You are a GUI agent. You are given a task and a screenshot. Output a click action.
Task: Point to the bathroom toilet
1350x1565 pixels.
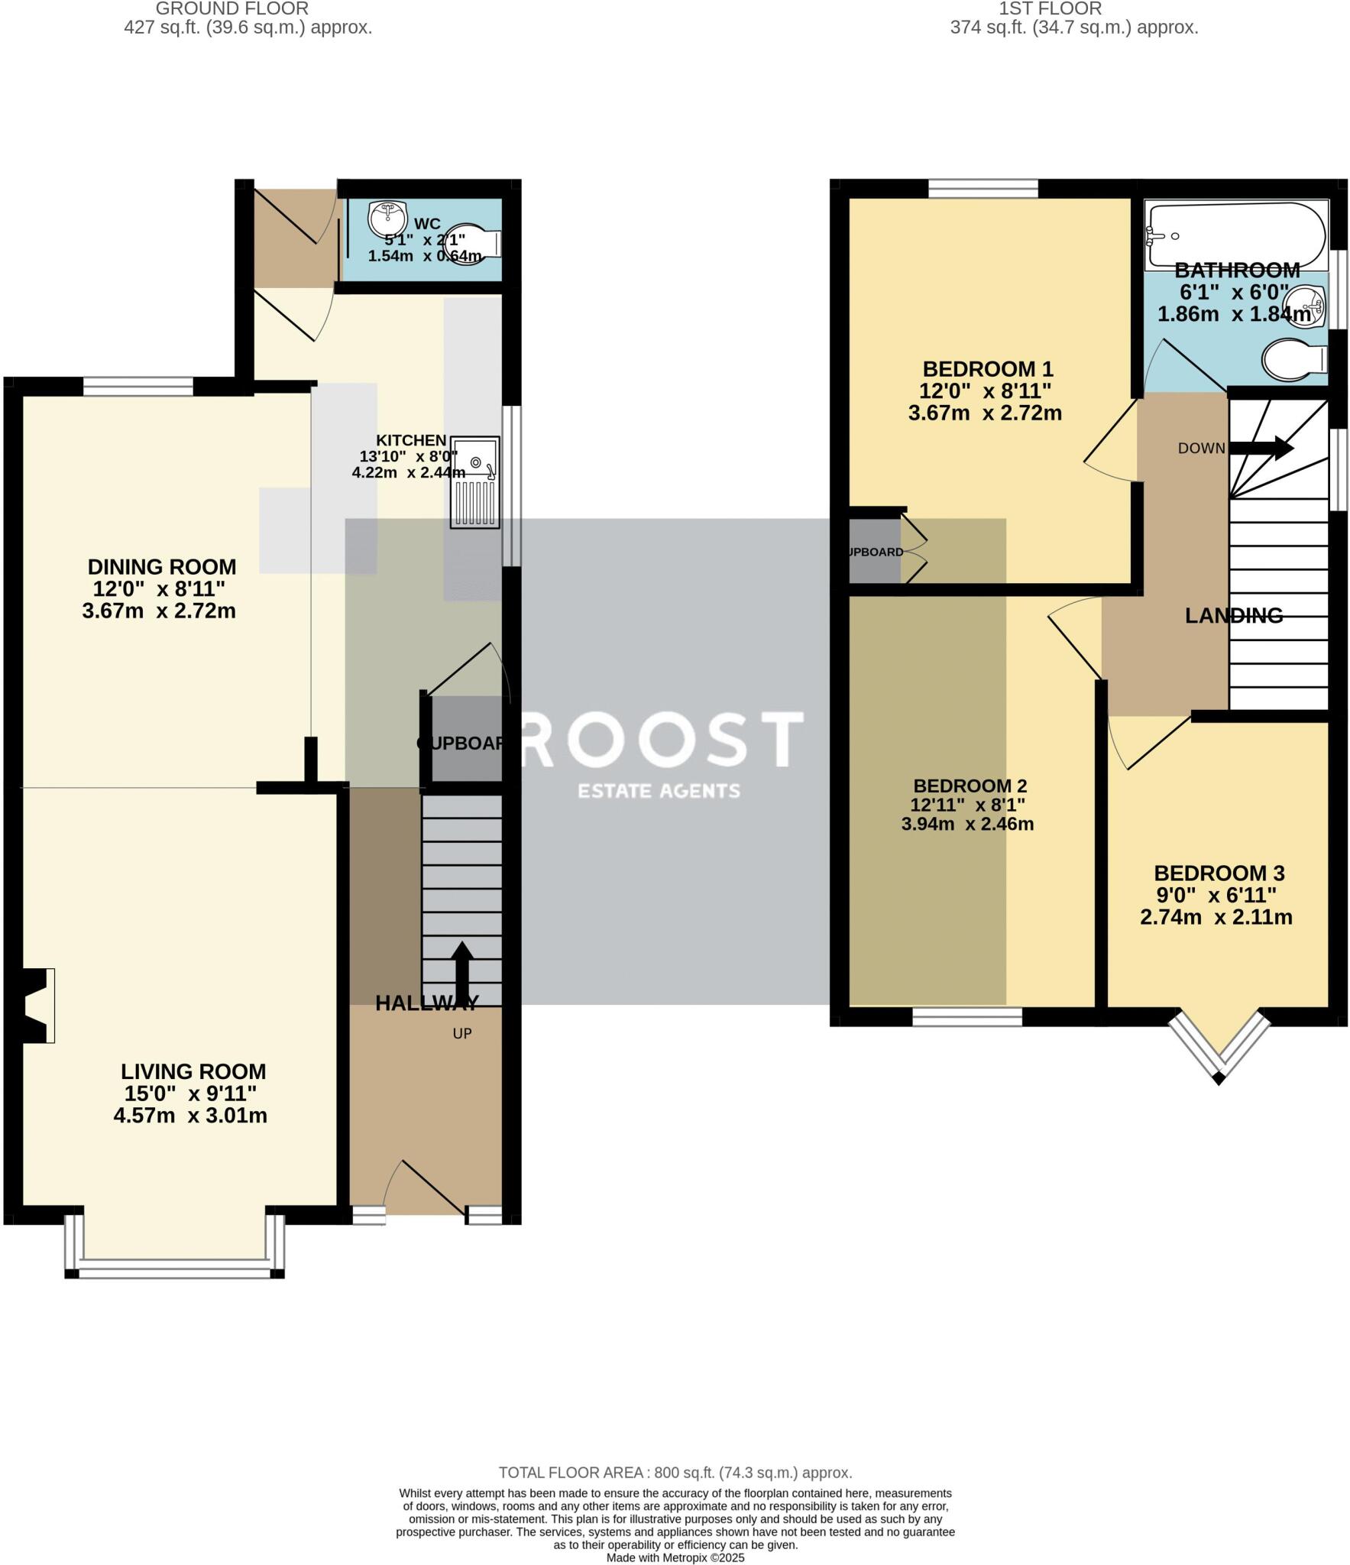click(x=1294, y=359)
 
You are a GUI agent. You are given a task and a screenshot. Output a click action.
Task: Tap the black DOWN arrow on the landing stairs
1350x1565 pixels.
click(x=1261, y=449)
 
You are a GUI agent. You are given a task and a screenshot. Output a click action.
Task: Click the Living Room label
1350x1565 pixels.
click(x=193, y=1071)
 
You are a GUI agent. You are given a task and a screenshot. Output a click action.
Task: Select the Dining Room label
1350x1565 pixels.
click(x=161, y=566)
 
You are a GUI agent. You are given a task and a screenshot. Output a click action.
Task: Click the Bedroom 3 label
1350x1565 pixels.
click(x=1219, y=873)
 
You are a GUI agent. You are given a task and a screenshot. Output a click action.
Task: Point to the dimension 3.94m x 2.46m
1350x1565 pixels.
click(x=967, y=825)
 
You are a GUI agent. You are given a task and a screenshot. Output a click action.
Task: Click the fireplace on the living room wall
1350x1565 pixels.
click(x=34, y=1006)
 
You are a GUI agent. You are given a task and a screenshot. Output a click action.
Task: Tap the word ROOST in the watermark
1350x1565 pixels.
click(x=661, y=739)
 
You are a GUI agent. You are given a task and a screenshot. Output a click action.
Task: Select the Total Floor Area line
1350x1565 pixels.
click(x=675, y=1473)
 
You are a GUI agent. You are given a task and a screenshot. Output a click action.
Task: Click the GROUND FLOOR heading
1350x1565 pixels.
click(x=232, y=9)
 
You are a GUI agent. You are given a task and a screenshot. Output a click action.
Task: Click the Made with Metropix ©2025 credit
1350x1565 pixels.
click(x=675, y=1557)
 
